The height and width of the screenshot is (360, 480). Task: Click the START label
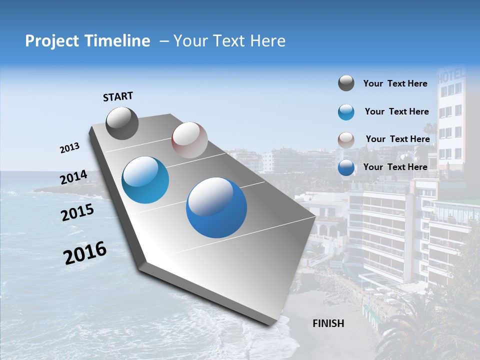point(118,96)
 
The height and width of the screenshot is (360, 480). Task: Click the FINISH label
point(328,323)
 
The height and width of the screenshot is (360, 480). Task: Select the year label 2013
point(69,148)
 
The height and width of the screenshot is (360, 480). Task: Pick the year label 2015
point(77,212)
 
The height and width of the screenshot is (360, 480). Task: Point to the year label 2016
point(85,253)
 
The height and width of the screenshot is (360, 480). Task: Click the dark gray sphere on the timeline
point(122,123)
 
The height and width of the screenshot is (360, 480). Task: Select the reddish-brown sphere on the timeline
point(189,140)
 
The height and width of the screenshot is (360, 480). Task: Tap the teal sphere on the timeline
point(145,180)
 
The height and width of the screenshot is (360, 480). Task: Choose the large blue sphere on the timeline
point(216,207)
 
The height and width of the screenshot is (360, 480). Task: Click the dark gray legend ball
point(346,83)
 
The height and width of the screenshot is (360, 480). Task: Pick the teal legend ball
point(346,112)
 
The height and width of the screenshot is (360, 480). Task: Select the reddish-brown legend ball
point(346,140)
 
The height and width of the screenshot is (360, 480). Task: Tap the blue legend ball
point(346,167)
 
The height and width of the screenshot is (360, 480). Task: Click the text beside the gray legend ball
point(395,83)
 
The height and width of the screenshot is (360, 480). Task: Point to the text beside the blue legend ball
point(395,167)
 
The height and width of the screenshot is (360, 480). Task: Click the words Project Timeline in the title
point(87,41)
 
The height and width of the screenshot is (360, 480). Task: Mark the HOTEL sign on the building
point(451,76)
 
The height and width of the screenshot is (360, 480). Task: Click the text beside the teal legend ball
point(396,111)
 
